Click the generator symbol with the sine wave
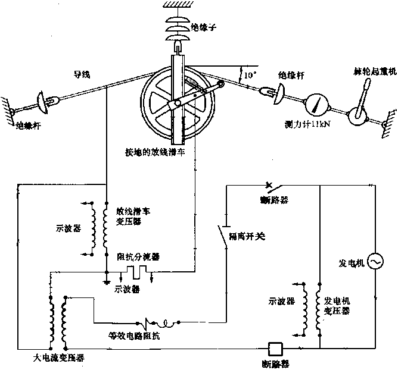point(375,262)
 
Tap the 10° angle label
point(250,75)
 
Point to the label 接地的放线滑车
point(163,153)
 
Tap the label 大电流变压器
point(59,359)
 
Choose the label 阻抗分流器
point(139,258)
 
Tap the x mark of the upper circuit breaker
point(270,185)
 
